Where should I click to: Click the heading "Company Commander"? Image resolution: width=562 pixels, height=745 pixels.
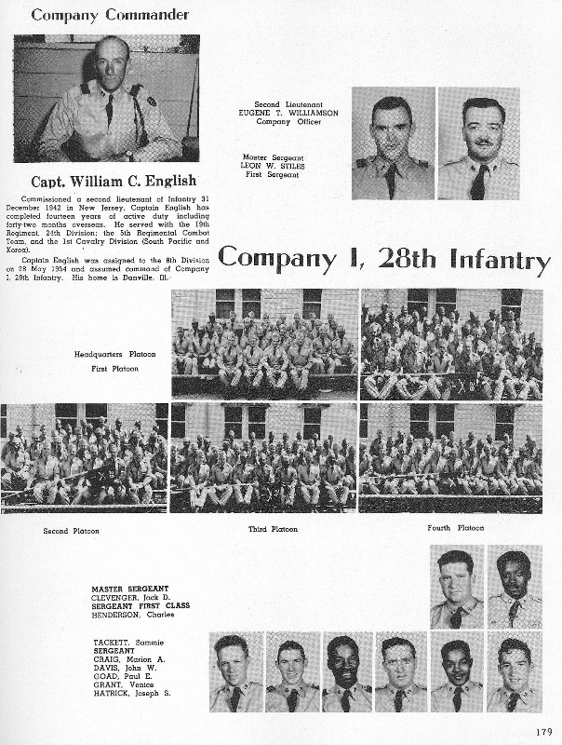(110, 14)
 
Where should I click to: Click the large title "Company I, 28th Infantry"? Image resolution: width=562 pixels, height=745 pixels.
(383, 260)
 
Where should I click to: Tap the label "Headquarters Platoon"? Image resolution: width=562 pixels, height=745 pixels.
(115, 354)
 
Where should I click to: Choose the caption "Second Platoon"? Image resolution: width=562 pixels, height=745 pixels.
(71, 531)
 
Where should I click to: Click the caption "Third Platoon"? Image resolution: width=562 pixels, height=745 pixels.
(273, 529)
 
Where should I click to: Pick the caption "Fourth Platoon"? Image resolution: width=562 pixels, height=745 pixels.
(456, 528)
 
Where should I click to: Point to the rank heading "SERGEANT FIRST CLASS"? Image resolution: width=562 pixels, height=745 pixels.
(140, 605)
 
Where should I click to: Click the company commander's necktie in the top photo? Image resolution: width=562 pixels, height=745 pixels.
(109, 110)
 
